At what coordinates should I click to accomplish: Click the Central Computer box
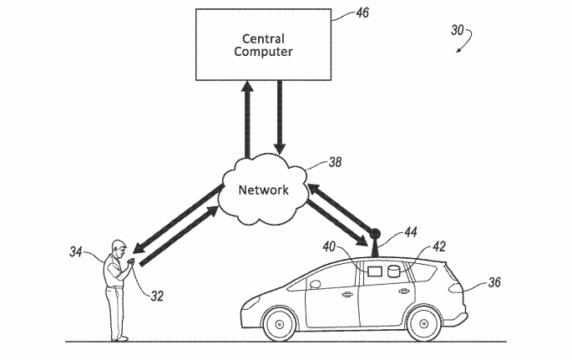pyautogui.click(x=261, y=44)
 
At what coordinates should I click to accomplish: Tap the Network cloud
pyautogui.click(x=263, y=189)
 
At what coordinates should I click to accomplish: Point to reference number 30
pyautogui.click(x=458, y=31)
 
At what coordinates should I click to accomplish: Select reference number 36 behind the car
pyautogui.click(x=494, y=283)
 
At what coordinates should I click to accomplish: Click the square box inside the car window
pyautogui.click(x=375, y=271)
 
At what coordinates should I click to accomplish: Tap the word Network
pyautogui.click(x=263, y=190)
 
